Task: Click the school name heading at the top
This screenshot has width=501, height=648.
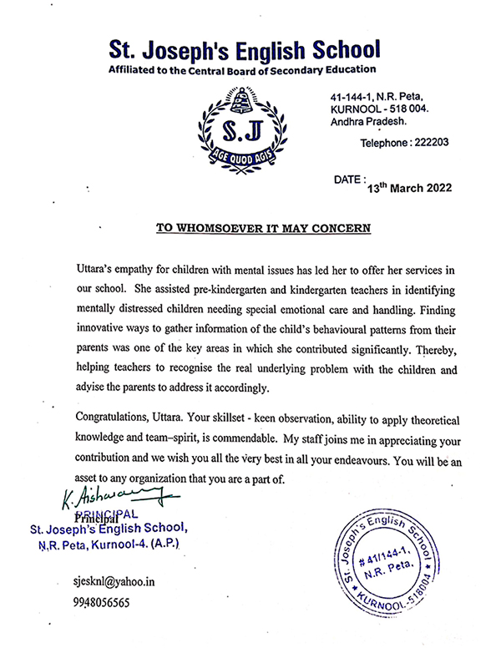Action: click(x=242, y=48)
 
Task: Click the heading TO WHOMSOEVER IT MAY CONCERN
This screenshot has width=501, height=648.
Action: click(x=264, y=227)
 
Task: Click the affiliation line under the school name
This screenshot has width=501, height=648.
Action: click(x=242, y=70)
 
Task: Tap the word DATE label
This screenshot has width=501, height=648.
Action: click(x=349, y=180)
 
